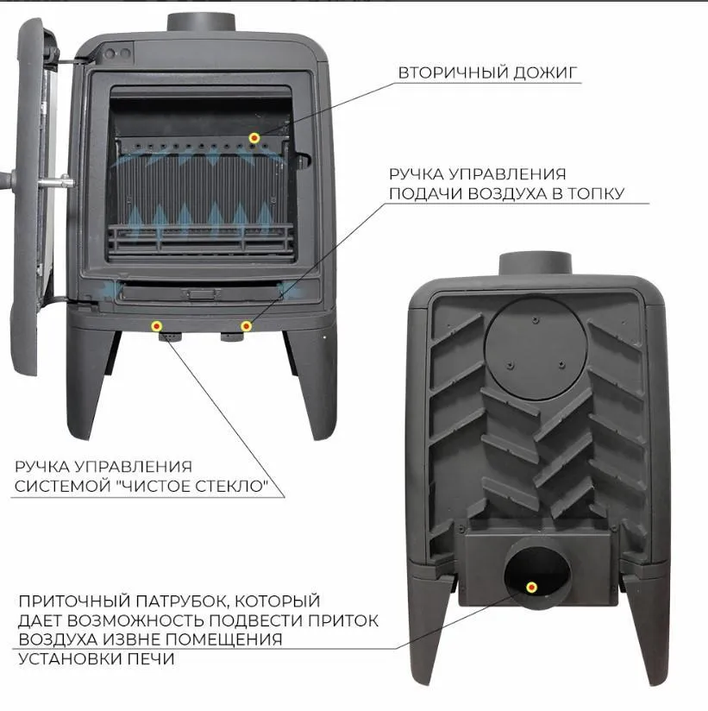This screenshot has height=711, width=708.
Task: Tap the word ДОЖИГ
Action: click(542, 72)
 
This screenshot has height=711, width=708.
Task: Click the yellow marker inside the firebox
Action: click(254, 138)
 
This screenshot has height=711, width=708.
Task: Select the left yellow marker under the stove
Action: click(156, 325)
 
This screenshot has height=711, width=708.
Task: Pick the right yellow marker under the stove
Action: click(246, 326)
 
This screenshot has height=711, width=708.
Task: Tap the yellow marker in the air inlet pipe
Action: click(532, 588)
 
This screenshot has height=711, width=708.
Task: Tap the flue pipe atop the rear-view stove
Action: click(536, 263)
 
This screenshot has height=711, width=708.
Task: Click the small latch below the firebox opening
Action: click(202, 294)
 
